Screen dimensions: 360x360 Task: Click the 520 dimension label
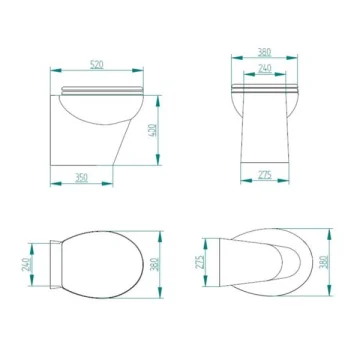97,64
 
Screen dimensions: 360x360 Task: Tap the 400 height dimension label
152,131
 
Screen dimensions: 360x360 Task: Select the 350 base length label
81,178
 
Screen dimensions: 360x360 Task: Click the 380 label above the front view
264,52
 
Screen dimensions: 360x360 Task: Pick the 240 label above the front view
265,68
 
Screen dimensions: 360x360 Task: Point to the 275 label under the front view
265,175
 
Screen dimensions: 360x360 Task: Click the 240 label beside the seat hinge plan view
27,264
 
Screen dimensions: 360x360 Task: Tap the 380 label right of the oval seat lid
155,264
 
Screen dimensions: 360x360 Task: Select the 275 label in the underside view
200,262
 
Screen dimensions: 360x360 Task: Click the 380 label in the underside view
324,262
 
